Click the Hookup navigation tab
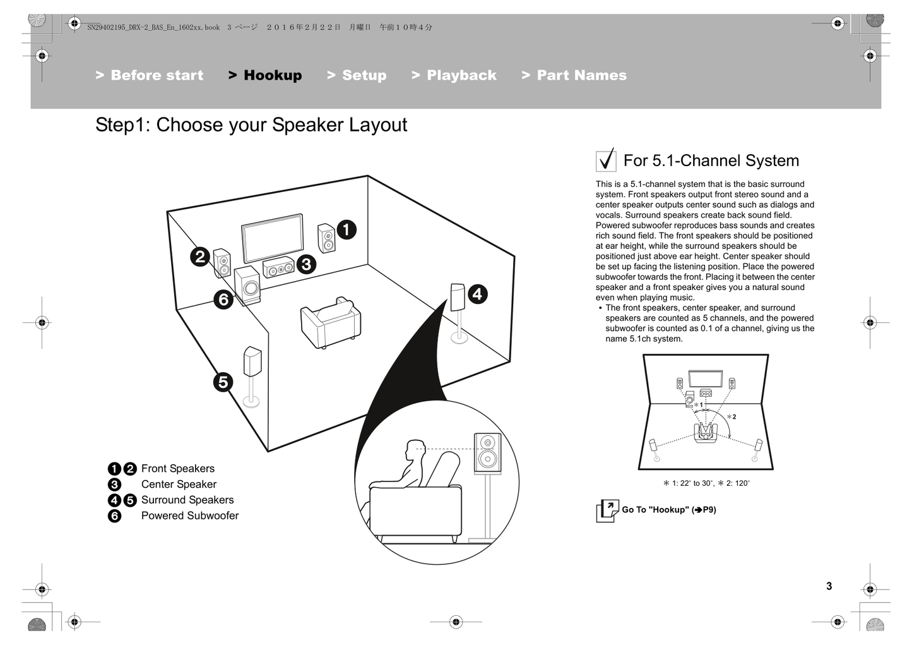[x=266, y=75]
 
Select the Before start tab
[x=150, y=75]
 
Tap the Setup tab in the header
[x=357, y=75]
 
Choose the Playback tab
[x=454, y=75]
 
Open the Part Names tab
[x=574, y=75]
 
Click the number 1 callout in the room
[x=346, y=229]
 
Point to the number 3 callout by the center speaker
[x=306, y=264]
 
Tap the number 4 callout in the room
[x=477, y=294]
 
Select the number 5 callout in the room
[x=223, y=382]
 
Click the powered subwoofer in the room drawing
[x=247, y=286]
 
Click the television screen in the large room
[x=273, y=238]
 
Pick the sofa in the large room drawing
[x=330, y=323]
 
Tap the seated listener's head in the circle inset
[x=415, y=451]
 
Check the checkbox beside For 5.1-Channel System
[x=606, y=160]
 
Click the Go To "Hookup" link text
[x=668, y=510]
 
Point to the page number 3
[x=829, y=586]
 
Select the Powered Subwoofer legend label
[x=189, y=515]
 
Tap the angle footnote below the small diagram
[x=706, y=483]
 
